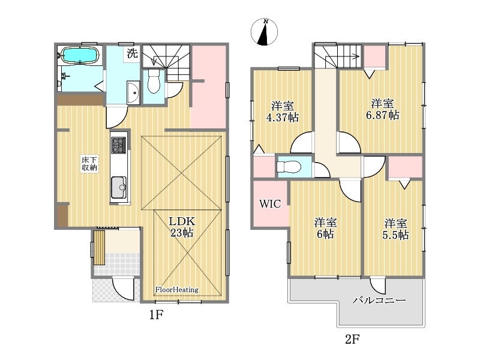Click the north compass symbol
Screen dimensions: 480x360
click(264, 32)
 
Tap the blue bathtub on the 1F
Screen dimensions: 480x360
click(80, 55)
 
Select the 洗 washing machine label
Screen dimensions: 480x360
click(132, 54)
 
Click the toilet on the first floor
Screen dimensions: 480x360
click(154, 81)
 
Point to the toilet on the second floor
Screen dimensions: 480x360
click(289, 167)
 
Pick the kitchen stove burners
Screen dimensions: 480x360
click(118, 145)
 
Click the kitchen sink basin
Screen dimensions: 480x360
click(119, 187)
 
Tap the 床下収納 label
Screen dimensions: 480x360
click(89, 164)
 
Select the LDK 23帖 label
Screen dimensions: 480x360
click(182, 227)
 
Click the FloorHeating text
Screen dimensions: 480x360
click(176, 290)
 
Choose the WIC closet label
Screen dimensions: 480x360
click(270, 203)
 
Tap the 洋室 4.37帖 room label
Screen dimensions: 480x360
click(283, 112)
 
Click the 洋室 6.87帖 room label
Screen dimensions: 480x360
click(383, 109)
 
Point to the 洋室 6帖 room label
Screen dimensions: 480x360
click(325, 229)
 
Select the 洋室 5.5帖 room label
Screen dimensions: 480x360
click(395, 229)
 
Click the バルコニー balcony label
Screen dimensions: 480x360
click(379, 299)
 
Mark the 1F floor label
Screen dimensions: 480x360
click(156, 314)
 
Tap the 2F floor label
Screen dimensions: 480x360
click(352, 339)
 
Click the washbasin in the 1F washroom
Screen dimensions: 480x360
click(133, 93)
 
